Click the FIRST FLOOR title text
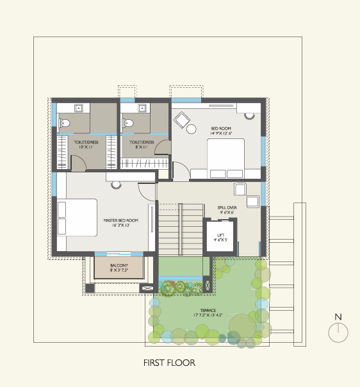pos(169,363)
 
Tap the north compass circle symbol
pos(338,333)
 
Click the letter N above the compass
pos(338,317)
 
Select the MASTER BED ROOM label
pos(121,222)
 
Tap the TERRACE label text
pos(206,313)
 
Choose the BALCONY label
pos(119,268)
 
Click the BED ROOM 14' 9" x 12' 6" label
pos(220,131)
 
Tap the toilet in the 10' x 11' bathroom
pos(65,122)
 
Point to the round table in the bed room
pos(191,130)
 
